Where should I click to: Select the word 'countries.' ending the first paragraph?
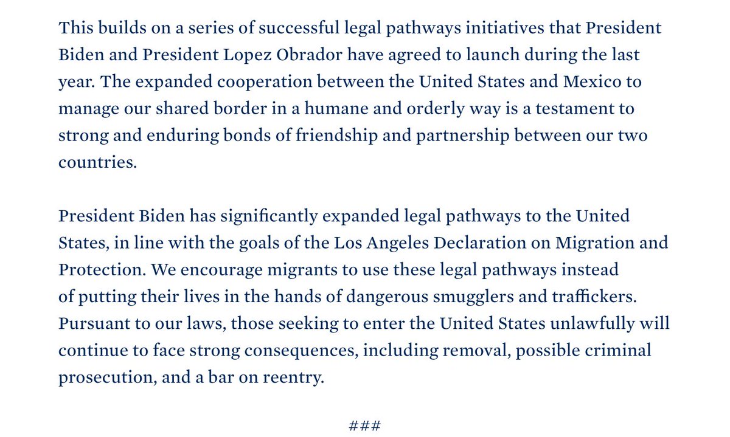98,162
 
